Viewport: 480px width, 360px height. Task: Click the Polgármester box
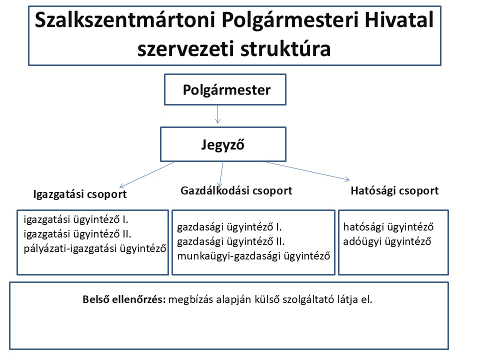(x=225, y=90)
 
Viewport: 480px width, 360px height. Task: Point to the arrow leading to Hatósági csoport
(x=307, y=170)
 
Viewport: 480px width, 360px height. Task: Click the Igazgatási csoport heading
(x=80, y=194)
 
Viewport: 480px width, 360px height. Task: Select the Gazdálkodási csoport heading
(x=236, y=190)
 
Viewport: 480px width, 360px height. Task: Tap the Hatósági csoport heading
(x=394, y=190)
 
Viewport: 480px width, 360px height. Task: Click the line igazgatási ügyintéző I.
(x=73, y=219)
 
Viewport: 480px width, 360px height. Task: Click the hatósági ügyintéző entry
(x=388, y=227)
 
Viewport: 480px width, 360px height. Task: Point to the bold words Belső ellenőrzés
(x=125, y=300)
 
